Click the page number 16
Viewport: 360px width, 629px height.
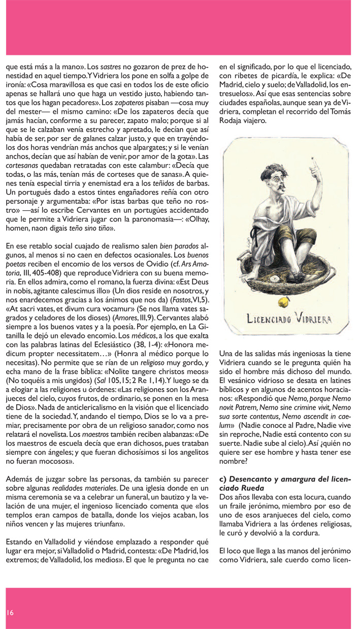click(x=10, y=612)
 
